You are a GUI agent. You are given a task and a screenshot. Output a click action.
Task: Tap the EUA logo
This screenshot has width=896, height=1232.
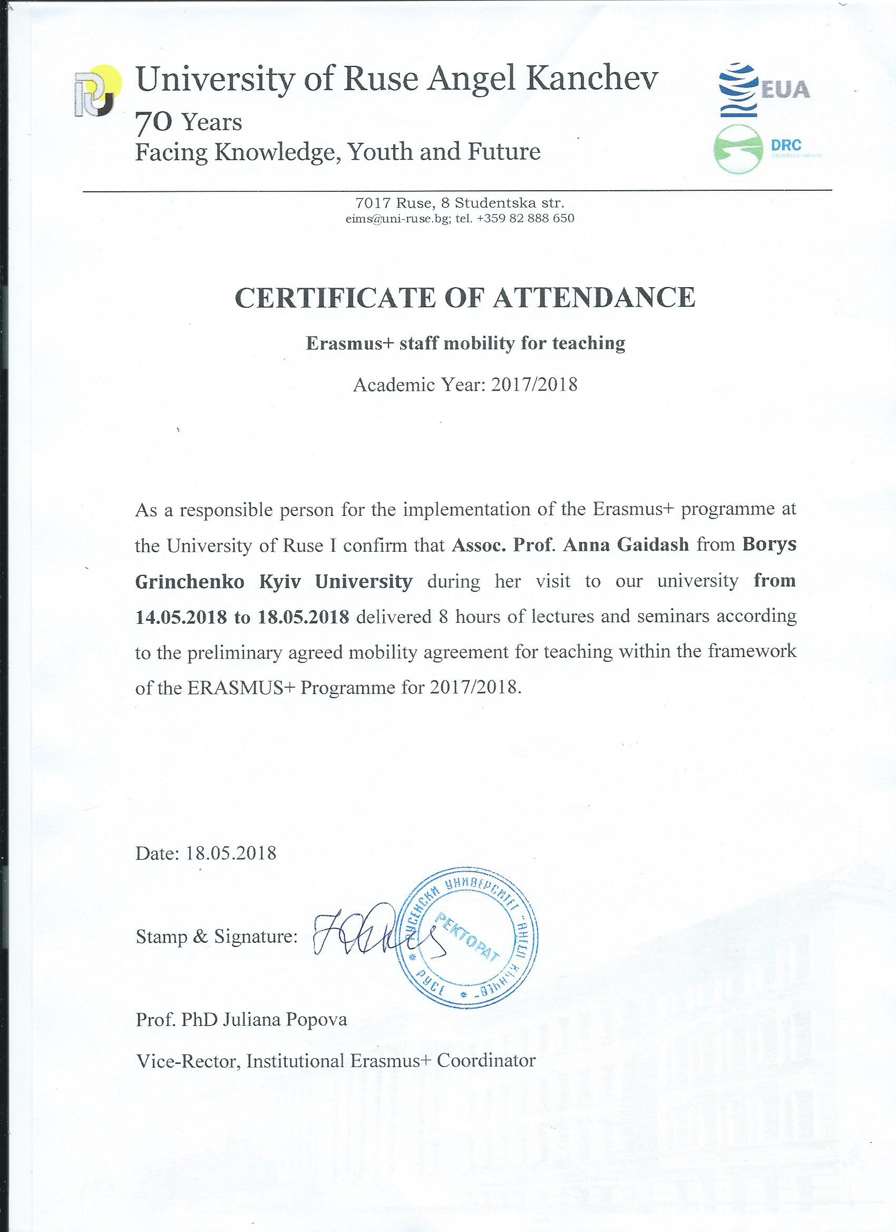764,90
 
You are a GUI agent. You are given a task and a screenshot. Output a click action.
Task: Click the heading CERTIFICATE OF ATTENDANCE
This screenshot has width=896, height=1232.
464,297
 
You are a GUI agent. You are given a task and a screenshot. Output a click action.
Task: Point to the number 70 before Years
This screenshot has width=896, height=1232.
153,123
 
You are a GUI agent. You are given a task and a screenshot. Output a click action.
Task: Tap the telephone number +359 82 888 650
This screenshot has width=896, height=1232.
525,219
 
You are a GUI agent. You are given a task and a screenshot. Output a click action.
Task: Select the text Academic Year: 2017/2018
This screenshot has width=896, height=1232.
465,385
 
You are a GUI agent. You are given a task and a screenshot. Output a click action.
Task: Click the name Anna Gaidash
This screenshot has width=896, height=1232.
626,544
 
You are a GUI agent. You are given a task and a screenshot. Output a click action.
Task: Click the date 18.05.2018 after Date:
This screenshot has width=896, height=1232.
231,853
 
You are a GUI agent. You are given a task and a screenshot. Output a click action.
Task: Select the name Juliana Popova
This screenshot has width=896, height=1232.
284,1020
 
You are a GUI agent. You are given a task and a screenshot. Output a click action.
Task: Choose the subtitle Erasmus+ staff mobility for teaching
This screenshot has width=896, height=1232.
465,344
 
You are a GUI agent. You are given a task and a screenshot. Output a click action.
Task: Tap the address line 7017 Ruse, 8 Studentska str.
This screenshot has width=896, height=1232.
460,203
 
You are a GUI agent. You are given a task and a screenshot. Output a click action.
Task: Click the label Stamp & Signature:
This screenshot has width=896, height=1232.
216,936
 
